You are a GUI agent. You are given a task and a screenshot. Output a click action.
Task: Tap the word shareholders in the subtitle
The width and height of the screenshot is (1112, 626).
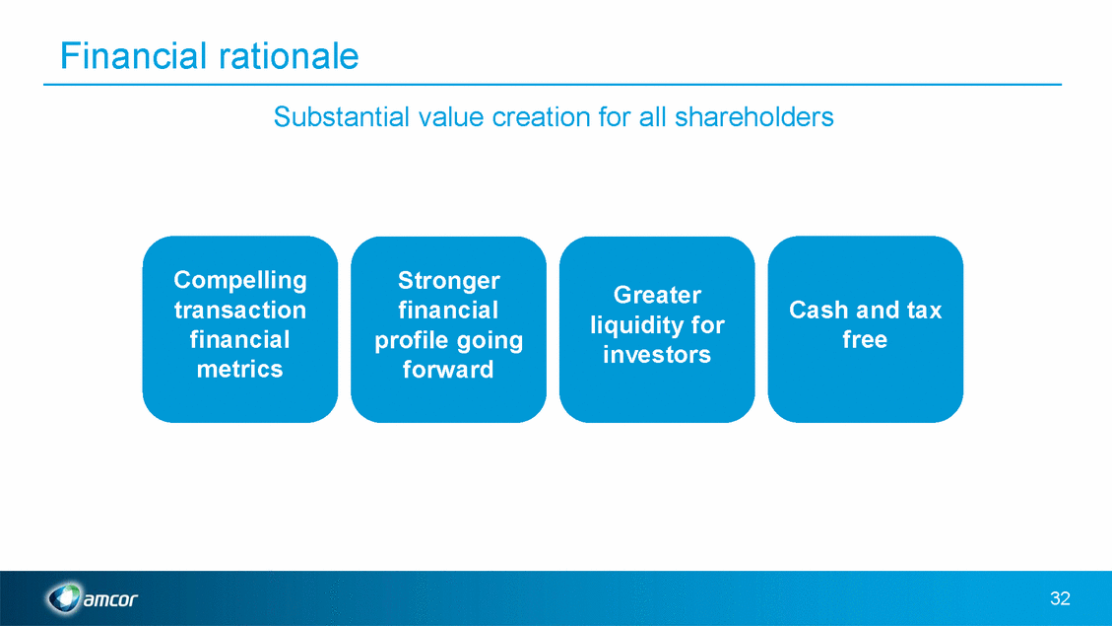click(x=753, y=117)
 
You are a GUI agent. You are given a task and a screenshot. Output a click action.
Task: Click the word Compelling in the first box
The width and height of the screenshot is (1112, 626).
click(x=240, y=280)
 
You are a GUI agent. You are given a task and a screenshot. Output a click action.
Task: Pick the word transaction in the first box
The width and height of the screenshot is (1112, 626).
click(x=240, y=311)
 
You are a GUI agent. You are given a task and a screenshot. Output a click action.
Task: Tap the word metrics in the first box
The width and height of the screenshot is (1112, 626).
click(x=239, y=369)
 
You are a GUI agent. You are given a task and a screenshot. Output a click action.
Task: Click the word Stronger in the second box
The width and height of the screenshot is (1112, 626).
click(x=449, y=281)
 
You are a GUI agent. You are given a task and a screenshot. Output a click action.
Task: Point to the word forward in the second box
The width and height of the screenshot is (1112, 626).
click(x=448, y=370)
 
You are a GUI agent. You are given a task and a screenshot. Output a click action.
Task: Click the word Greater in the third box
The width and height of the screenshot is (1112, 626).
click(x=657, y=295)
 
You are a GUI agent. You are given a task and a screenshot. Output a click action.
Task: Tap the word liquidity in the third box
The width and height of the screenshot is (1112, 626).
click(x=634, y=325)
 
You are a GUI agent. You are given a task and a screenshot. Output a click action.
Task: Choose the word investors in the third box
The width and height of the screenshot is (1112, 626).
click(x=657, y=354)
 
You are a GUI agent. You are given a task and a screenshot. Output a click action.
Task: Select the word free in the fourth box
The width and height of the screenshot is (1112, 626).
click(x=865, y=339)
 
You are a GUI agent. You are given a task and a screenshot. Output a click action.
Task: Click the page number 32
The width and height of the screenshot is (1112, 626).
click(x=1060, y=598)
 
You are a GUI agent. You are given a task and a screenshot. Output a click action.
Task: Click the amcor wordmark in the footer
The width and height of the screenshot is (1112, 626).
click(x=110, y=599)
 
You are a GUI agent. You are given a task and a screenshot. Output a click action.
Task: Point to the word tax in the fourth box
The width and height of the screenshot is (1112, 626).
click(x=924, y=311)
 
